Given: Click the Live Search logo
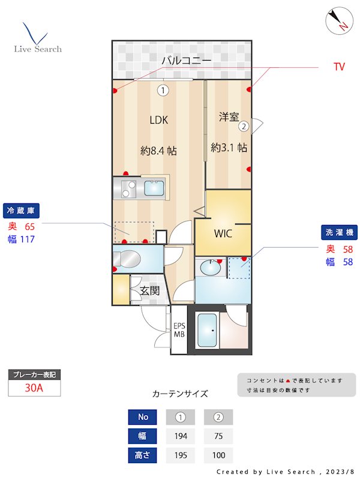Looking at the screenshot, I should point(38,38).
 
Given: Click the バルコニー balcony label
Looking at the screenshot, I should point(186,61).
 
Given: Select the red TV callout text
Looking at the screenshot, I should point(339,67).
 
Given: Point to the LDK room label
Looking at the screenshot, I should point(158,119).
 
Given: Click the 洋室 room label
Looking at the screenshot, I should point(229,117).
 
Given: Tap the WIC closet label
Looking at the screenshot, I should point(223,233).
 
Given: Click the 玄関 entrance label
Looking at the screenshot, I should point(149,291).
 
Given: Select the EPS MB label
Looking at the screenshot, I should point(179,330).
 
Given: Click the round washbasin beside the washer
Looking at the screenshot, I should point(210,267).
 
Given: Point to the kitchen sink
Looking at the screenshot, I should point(155,190).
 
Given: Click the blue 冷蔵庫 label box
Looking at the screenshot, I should point(22,211).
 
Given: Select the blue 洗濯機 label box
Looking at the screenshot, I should point(340,232).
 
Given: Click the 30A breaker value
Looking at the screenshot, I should point(34,388).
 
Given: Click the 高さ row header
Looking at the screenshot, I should point(143,455).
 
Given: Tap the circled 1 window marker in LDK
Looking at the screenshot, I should point(163,91).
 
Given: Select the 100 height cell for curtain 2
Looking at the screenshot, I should point(218,455).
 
